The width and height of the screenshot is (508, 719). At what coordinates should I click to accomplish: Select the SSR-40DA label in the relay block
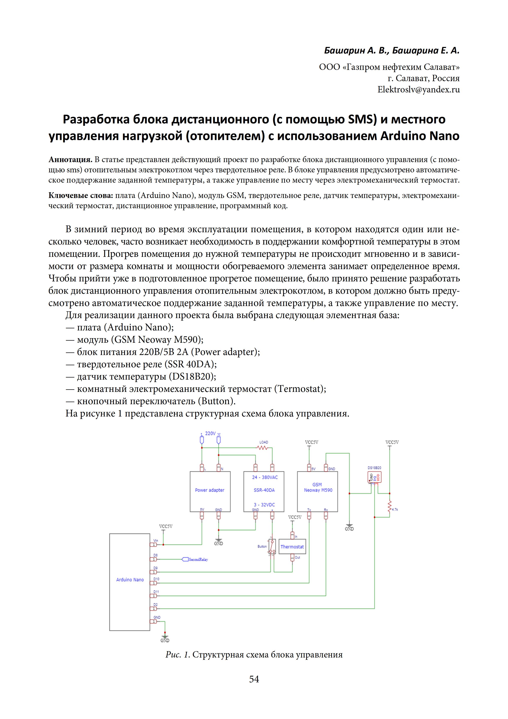pyautogui.click(x=264, y=490)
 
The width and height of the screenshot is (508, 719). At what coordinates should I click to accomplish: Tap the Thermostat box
pyautogui.click(x=292, y=546)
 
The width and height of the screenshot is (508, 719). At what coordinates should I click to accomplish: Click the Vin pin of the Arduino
pyautogui.click(x=154, y=545)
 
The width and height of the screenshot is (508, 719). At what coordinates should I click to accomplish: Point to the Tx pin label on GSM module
pyautogui.click(x=309, y=510)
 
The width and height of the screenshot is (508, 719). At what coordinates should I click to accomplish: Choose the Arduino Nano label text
pyautogui.click(x=130, y=580)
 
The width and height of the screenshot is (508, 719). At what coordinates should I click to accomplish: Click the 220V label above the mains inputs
pyautogui.click(x=210, y=433)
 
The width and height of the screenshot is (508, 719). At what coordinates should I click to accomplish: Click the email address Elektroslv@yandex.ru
pyautogui.click(x=418, y=90)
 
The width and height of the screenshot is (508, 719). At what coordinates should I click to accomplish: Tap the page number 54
pyautogui.click(x=254, y=679)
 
